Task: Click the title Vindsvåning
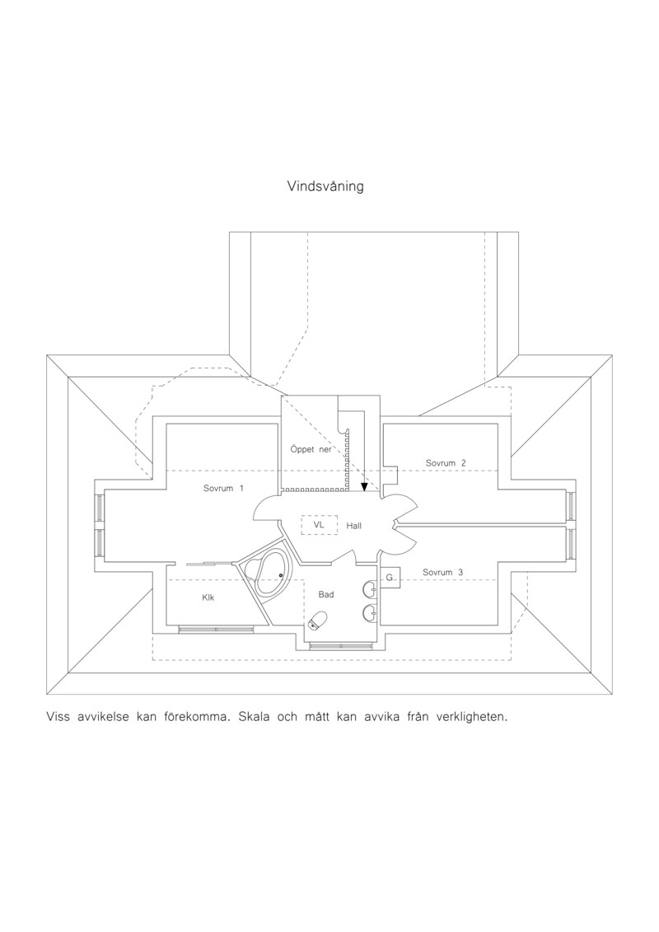click(x=325, y=186)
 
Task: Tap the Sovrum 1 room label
click(x=223, y=489)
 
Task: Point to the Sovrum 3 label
click(x=442, y=573)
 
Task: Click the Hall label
click(x=353, y=526)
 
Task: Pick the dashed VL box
click(x=319, y=525)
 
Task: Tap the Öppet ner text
click(x=311, y=449)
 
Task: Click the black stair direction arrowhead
click(x=363, y=487)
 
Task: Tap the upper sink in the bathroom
click(x=370, y=588)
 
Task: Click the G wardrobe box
click(x=390, y=577)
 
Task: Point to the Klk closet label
click(x=208, y=598)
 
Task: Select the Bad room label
click(x=326, y=594)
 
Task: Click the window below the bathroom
click(x=340, y=646)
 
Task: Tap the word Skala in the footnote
click(x=254, y=716)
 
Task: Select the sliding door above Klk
click(x=208, y=562)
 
